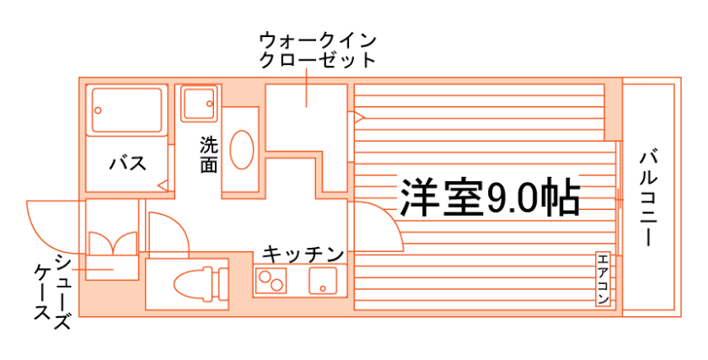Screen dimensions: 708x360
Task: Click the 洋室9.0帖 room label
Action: (x=489, y=198)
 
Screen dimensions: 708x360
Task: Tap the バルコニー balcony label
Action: (x=647, y=199)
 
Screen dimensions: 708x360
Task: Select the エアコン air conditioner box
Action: (x=603, y=279)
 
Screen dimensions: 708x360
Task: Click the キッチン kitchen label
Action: (x=302, y=254)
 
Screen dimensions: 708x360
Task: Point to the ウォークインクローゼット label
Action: (x=316, y=50)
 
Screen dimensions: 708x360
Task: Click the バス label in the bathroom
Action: (x=127, y=163)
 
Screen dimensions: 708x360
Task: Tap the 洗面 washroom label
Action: (x=208, y=154)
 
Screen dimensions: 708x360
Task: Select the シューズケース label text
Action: (x=52, y=287)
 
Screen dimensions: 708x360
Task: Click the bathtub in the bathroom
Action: (x=126, y=110)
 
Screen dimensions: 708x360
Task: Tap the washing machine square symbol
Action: (x=199, y=103)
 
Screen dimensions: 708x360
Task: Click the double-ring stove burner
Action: (x=271, y=279)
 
